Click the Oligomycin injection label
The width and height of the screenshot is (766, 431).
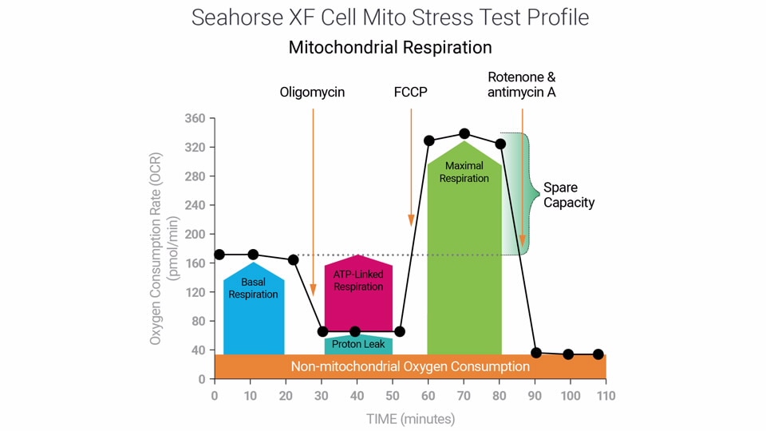click(x=312, y=92)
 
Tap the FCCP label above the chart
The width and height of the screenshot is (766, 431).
click(x=410, y=92)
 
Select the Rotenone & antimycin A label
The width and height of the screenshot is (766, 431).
click(x=522, y=85)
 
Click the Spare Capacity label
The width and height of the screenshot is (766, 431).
click(x=569, y=196)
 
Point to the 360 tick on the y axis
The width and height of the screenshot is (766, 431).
click(x=195, y=119)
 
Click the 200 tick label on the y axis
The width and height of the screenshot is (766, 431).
click(x=195, y=235)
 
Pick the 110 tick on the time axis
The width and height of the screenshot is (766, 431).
click(x=606, y=395)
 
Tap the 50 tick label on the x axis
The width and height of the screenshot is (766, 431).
click(x=392, y=395)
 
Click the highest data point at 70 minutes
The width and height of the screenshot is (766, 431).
click(x=464, y=134)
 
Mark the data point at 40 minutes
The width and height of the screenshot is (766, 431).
click(x=355, y=331)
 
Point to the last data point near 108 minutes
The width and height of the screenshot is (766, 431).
click(x=598, y=354)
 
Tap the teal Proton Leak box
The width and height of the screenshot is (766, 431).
click(x=358, y=345)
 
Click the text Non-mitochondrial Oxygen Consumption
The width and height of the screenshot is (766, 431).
click(x=410, y=366)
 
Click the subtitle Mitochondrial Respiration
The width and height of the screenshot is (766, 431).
click(x=390, y=47)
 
